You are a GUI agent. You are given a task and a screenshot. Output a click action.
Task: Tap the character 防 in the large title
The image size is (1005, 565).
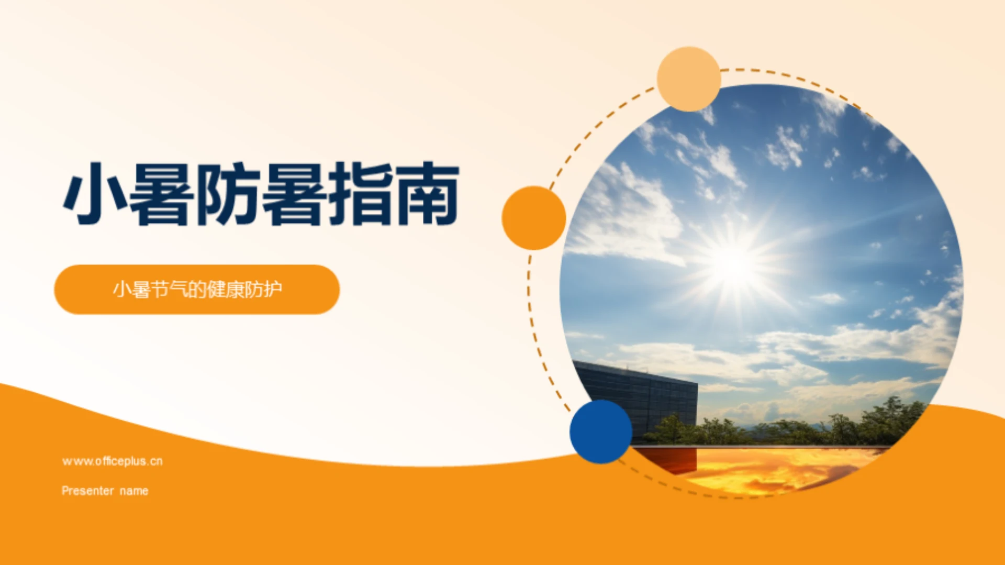(x=228, y=194)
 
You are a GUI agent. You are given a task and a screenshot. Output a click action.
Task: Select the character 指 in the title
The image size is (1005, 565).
(x=361, y=194)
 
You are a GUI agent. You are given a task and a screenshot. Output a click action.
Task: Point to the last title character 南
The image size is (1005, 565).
(x=427, y=194)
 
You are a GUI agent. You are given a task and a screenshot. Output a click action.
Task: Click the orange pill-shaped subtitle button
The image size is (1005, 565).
(x=197, y=290)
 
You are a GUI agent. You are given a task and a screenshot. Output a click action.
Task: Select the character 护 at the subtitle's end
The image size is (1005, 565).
(x=273, y=289)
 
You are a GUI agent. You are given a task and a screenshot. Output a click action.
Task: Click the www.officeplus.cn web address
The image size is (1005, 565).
(x=112, y=461)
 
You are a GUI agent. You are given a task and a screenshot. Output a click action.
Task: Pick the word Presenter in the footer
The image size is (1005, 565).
(x=87, y=491)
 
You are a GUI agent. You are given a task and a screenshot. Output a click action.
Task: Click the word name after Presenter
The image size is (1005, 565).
(x=134, y=491)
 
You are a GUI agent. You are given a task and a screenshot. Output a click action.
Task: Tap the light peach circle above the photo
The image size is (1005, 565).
(x=688, y=79)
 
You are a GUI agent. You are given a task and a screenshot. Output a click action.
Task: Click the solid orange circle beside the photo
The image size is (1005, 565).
(x=533, y=218)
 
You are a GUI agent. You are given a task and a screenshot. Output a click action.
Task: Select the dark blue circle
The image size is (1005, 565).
(x=600, y=432)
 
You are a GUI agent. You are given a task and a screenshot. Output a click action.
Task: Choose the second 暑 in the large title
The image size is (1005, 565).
(x=294, y=194)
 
